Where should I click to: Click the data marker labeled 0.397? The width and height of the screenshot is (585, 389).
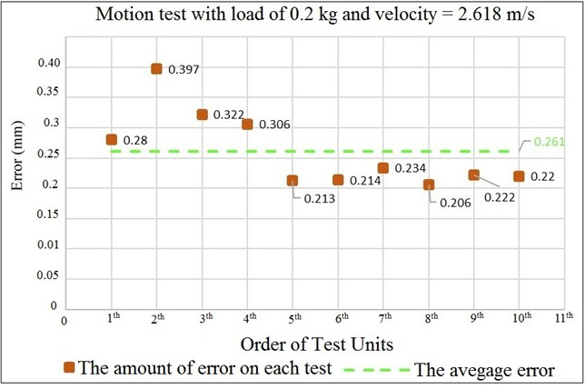point(156,68)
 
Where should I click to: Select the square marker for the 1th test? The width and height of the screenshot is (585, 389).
point(111,139)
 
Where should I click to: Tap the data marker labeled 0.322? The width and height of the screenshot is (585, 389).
point(202,115)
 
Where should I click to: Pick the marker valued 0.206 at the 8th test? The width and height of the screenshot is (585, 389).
point(429,185)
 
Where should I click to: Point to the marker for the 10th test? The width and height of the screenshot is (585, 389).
point(519,176)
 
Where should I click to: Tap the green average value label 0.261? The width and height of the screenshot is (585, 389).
point(550,142)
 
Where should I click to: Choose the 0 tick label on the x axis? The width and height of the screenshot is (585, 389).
point(64,318)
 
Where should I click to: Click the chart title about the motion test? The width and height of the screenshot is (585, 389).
point(292,15)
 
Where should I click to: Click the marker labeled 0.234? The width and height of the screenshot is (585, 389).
point(383,168)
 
